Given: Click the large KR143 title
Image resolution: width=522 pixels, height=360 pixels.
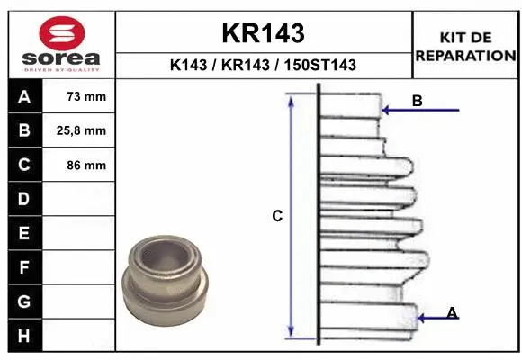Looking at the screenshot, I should tap(263, 33).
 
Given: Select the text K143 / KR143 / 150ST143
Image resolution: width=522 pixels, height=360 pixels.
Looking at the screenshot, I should tap(263, 65).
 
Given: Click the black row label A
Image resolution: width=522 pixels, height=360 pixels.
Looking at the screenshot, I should tap(23, 96).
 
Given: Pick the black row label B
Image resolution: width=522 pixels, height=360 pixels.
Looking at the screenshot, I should tap(23, 130).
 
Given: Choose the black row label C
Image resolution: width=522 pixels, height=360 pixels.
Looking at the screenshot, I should tap(23, 165).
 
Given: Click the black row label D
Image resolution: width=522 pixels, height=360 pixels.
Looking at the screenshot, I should tap(23, 199).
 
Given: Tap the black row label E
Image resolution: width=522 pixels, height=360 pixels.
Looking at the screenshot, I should tap(23, 233).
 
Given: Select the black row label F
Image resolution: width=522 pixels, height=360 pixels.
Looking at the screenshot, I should tap(23, 267).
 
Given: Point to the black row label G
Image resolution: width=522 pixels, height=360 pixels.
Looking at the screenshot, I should tap(23, 301).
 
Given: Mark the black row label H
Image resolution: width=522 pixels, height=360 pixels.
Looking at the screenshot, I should tap(23, 336).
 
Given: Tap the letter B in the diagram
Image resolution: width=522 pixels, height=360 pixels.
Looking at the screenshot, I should tap(417, 101).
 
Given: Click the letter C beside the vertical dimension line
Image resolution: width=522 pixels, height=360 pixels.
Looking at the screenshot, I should tap(278, 216).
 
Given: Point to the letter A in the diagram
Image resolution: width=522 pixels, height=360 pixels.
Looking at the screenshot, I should tap(453, 312).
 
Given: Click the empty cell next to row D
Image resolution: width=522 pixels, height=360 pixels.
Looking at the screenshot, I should tap(81, 199).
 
